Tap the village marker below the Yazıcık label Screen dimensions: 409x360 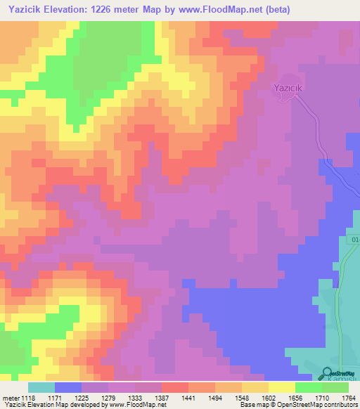[285, 98]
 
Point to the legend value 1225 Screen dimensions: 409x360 [91, 397]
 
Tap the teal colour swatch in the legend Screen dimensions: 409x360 [41, 387]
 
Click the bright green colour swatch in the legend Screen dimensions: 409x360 [308, 387]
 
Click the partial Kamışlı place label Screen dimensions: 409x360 [345, 379]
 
